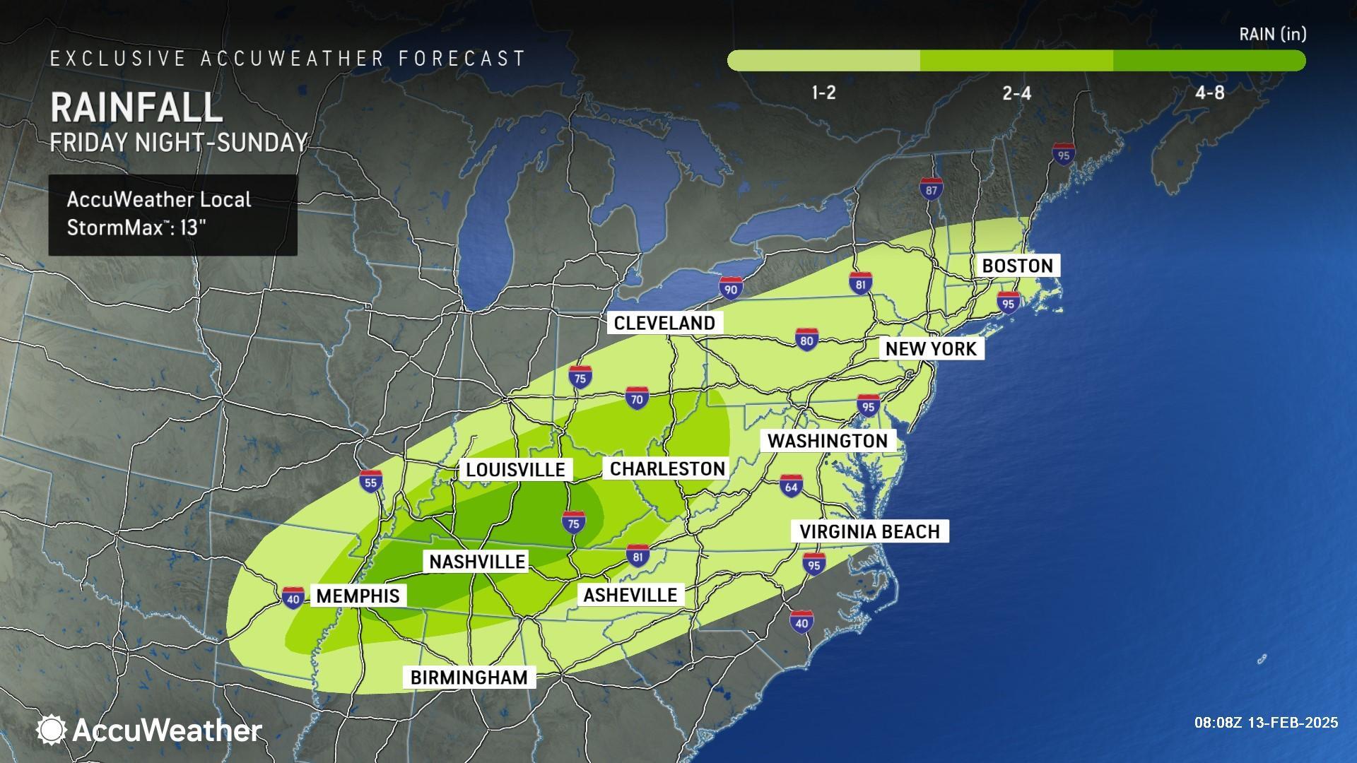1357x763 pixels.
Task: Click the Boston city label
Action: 1018,266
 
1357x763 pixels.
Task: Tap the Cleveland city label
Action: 664,323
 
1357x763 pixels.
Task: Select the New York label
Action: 931,348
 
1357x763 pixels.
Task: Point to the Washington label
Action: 828,441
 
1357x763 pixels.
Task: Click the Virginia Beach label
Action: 869,531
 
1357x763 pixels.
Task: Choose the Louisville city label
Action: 515,470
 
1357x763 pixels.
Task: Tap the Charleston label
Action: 667,468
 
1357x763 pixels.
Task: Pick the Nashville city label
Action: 477,562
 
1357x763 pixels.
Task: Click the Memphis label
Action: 358,596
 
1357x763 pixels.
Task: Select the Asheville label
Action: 630,594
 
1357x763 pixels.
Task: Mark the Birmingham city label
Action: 469,677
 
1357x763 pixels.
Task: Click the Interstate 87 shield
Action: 932,189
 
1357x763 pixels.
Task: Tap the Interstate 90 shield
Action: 731,288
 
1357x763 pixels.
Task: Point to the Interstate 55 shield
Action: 370,482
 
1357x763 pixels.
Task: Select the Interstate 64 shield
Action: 791,486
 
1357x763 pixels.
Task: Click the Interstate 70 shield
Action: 637,399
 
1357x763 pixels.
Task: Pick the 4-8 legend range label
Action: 1209,93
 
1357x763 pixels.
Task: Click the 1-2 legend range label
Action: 823,93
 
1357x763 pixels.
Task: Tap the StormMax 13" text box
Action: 172,214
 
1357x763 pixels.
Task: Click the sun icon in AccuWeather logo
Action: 51,730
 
